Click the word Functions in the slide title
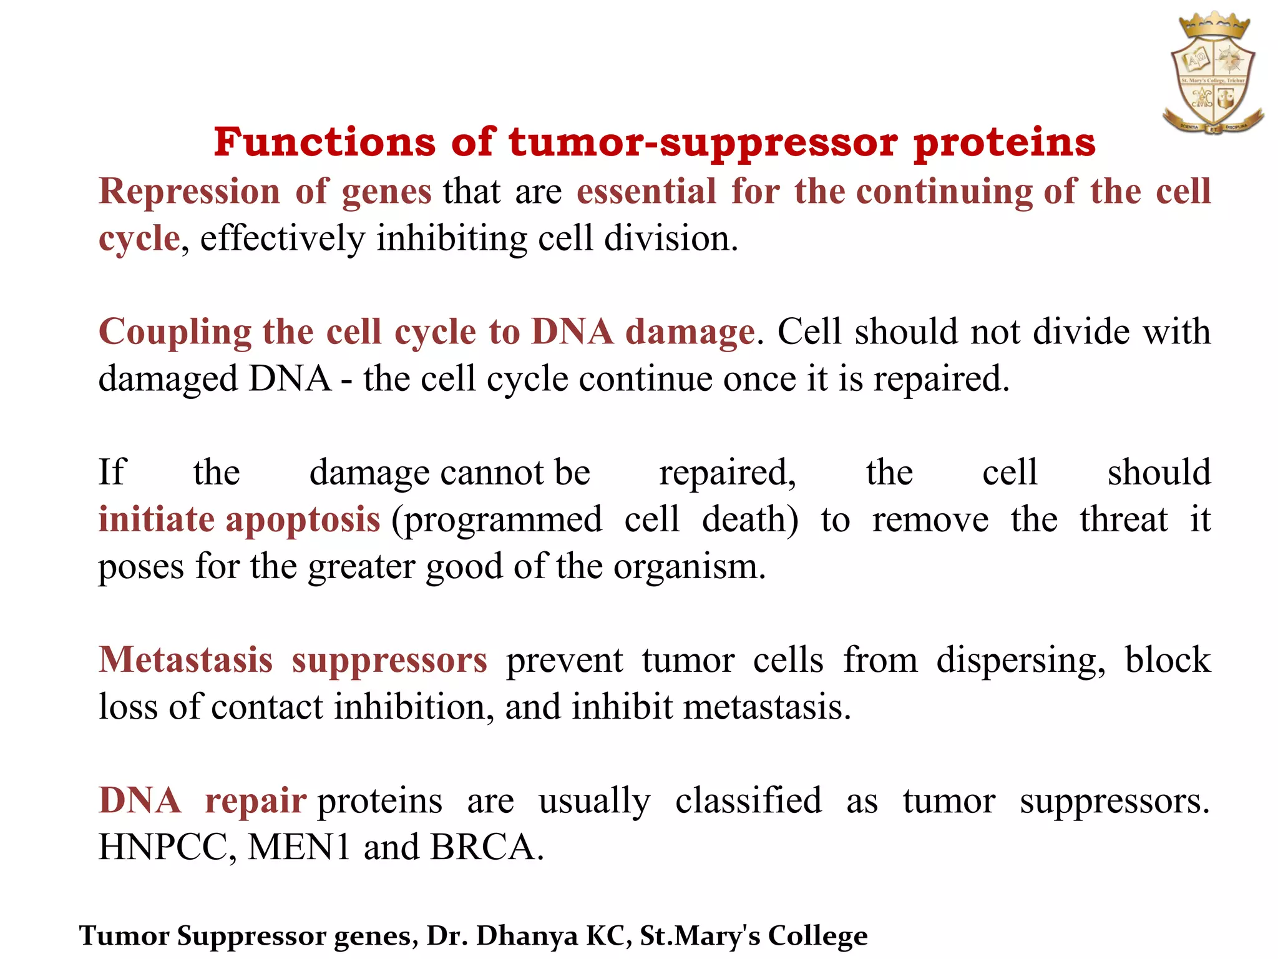click(324, 142)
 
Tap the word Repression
click(189, 191)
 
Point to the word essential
click(646, 191)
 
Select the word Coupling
click(175, 333)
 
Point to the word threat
click(1123, 519)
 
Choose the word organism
click(689, 567)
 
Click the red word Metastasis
click(186, 660)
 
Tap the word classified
click(748, 801)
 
